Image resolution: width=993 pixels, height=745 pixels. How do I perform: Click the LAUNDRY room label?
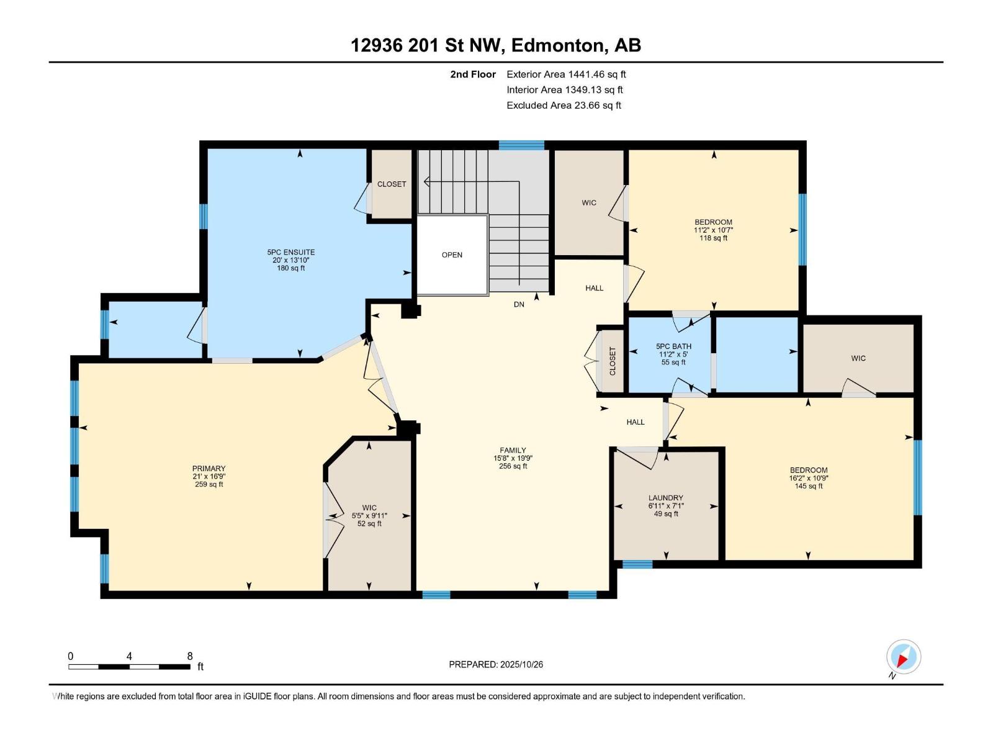[x=665, y=497]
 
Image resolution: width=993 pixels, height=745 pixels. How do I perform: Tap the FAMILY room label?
[x=513, y=450]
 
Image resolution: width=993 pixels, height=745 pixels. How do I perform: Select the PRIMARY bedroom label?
[x=209, y=468]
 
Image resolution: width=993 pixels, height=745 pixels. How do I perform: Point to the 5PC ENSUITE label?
[x=291, y=252]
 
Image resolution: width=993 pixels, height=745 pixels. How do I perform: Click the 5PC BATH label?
[x=673, y=346]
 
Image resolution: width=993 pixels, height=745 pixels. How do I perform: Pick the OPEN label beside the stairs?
[x=452, y=255]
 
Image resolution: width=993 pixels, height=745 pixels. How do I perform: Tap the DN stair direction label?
[x=519, y=304]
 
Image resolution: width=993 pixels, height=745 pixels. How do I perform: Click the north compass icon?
[x=904, y=657]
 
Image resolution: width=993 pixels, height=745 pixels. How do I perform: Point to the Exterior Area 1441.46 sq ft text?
[x=567, y=74]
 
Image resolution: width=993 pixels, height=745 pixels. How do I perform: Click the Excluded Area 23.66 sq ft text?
[x=564, y=106]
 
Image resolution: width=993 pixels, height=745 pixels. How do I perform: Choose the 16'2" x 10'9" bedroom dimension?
[x=809, y=477]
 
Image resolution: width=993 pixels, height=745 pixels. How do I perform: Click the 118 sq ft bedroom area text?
[x=714, y=238]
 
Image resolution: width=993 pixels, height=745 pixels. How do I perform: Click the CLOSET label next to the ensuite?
[x=392, y=184]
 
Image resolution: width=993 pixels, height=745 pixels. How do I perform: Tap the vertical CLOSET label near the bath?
[x=613, y=361]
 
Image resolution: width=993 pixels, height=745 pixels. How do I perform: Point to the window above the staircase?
[x=521, y=145]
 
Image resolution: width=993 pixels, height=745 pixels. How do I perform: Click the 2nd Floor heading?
[x=473, y=74]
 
